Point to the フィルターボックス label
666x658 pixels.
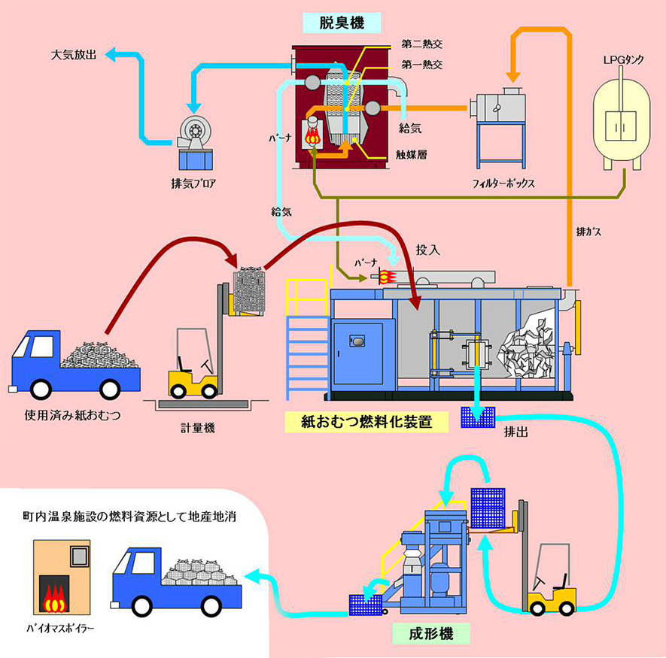(504, 183)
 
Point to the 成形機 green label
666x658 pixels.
(432, 634)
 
